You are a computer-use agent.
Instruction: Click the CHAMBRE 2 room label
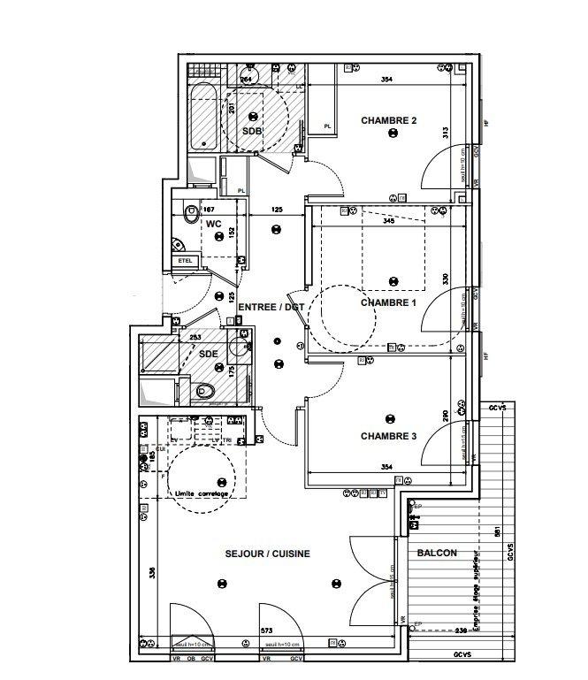click(388, 120)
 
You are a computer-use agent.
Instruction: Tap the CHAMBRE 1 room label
click(387, 302)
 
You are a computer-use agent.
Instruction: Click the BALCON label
click(437, 554)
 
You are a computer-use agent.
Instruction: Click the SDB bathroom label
click(252, 131)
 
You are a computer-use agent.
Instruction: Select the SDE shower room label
click(208, 354)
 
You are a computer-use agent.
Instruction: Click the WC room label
click(213, 225)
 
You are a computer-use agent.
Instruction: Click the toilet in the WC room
click(190, 212)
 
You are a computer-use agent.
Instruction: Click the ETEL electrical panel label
click(186, 260)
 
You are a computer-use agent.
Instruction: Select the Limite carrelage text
click(202, 493)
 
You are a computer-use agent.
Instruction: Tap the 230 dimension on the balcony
click(460, 630)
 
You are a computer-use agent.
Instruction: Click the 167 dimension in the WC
click(210, 209)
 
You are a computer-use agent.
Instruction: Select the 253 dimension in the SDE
click(195, 337)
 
